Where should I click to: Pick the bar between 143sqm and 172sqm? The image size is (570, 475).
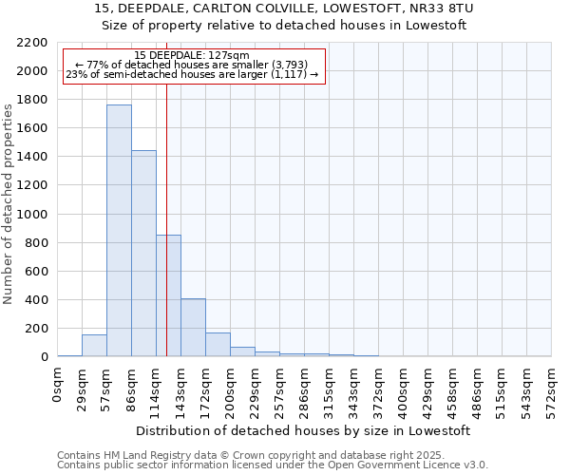(193, 328)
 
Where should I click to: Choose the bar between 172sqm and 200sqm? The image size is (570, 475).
(218, 345)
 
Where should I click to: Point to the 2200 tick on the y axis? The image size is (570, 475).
(32, 43)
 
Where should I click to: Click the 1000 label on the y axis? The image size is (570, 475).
(32, 215)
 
